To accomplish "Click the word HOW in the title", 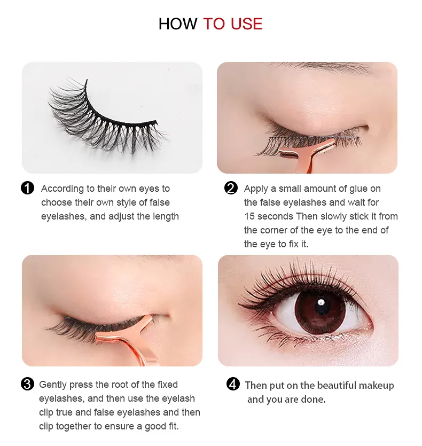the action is coord(178,24).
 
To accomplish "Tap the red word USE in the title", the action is coord(246,24).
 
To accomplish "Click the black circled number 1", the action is coord(28,189).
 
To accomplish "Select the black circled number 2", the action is coord(231,189).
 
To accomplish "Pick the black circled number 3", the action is coord(28,384).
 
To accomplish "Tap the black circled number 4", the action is coord(233,384).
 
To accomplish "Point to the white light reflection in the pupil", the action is coord(322,302).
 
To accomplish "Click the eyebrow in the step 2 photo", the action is coord(322,67).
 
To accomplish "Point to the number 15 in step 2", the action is coord(249,216).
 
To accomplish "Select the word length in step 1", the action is coord(166,217).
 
